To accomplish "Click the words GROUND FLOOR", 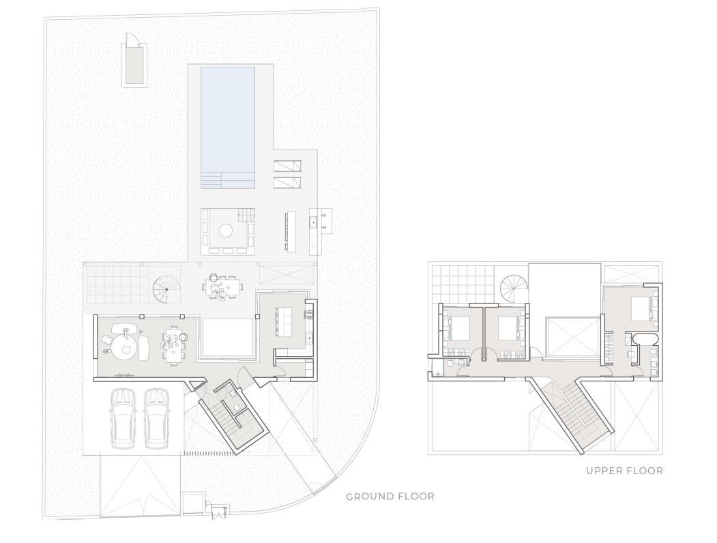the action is (390, 497).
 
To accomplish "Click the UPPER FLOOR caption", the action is (625, 470).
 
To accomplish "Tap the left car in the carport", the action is (123, 418).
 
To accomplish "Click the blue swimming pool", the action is (228, 128).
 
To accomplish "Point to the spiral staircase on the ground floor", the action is (166, 290).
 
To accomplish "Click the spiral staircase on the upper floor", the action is (514, 289).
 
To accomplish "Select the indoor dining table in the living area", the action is (174, 345).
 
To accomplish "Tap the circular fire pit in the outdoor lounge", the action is (225, 231).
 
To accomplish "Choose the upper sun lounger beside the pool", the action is (287, 166).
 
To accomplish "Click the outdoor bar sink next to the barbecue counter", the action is (314, 222).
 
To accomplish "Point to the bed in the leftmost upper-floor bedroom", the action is (459, 328).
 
